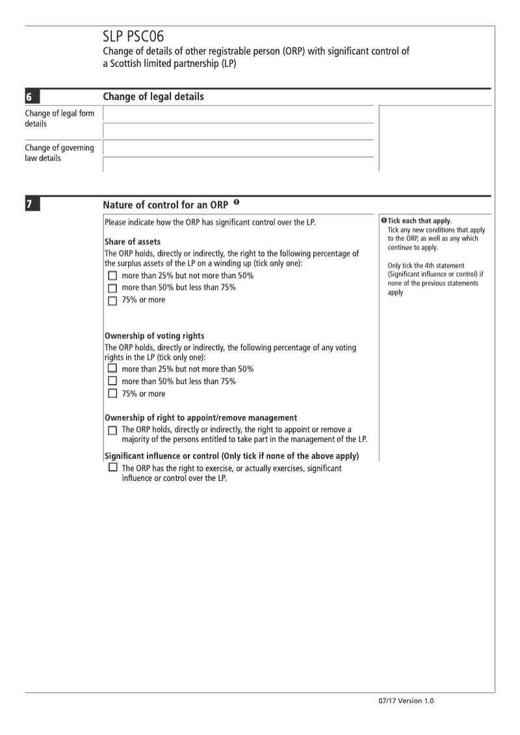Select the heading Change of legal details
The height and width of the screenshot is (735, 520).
[153, 97]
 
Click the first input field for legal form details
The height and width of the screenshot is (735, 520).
[238, 114]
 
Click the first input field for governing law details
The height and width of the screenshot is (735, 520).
[238, 148]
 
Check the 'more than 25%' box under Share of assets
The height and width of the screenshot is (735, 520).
[112, 276]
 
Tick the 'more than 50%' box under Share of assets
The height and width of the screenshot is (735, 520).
[112, 289]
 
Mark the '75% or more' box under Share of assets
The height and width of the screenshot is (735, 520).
[112, 301]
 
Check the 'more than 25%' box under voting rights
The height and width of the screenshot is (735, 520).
[112, 369]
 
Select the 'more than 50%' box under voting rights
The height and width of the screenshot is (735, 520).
[112, 381]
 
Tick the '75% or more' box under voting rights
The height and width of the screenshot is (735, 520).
[112, 394]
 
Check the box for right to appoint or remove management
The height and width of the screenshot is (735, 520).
[112, 430]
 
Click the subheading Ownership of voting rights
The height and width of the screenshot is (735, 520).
[155, 336]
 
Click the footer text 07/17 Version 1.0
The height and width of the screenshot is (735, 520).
[403, 701]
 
